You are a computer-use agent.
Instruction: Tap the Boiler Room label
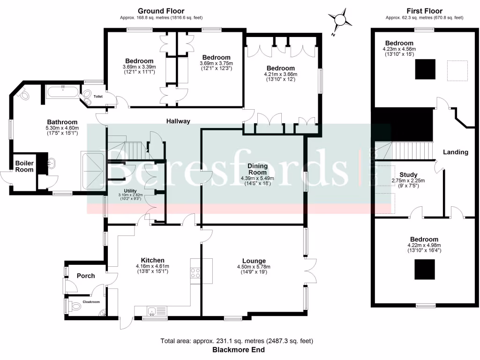point(24,166)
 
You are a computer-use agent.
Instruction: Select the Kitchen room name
point(153,260)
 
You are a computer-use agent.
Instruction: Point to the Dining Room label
point(257,169)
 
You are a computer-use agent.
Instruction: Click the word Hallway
point(179,121)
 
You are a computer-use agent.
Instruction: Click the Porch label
point(86,276)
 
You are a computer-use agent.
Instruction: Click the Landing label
point(456,152)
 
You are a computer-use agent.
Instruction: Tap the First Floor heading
point(424,11)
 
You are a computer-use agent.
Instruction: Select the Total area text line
point(237,341)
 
